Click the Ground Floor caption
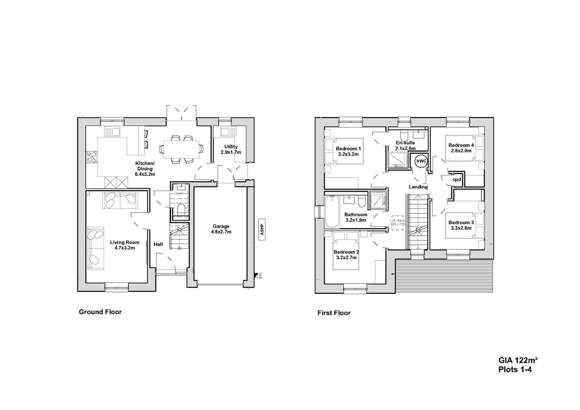(100, 312)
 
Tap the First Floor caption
(334, 313)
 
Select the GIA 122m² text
(518, 360)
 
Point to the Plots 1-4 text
(515, 369)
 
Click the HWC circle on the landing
(421, 161)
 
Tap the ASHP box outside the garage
(262, 229)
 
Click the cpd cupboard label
(457, 180)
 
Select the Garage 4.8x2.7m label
(221, 229)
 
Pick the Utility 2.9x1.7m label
(231, 149)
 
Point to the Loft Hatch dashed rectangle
(398, 222)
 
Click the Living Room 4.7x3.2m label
(125, 245)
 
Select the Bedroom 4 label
(461, 148)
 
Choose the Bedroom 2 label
(346, 255)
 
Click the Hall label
(158, 244)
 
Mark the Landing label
(418, 187)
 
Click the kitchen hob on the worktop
(92, 157)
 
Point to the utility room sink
(224, 132)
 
